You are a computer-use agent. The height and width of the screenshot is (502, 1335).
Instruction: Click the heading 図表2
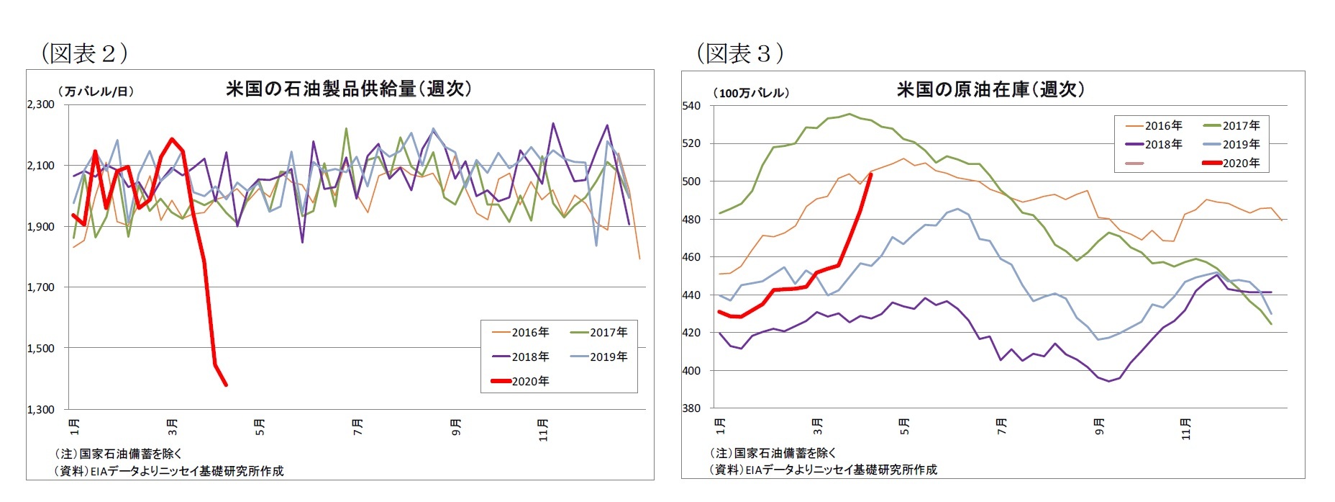(84, 53)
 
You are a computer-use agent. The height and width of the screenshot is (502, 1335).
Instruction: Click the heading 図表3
(739, 53)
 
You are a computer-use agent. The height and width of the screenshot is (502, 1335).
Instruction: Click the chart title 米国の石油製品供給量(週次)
(349, 89)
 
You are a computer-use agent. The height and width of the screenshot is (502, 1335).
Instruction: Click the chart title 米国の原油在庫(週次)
(990, 89)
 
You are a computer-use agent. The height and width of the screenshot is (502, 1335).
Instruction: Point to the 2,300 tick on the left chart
(41, 104)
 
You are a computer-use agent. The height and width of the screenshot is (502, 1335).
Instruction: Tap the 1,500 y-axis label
(41, 349)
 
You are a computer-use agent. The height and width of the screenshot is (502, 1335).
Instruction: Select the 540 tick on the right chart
(691, 106)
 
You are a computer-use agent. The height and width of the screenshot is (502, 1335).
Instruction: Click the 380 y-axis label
(691, 408)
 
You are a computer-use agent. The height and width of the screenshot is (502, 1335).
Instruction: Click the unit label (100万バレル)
(751, 93)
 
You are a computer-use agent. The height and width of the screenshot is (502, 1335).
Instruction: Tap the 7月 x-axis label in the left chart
(357, 426)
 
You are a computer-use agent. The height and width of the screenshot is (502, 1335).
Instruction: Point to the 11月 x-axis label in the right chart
(1186, 429)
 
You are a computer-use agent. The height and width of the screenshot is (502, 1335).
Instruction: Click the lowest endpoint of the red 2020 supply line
(226, 385)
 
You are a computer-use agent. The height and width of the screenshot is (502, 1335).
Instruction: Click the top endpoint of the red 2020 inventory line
(871, 174)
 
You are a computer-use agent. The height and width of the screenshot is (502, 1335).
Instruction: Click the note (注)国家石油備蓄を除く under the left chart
(119, 454)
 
